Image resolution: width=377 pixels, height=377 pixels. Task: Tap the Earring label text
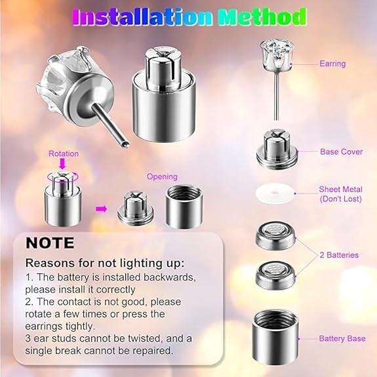[332, 64]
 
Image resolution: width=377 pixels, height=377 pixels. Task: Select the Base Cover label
[341, 151]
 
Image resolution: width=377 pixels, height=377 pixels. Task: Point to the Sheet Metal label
[340, 193]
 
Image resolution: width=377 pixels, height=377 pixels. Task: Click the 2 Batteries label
[339, 254]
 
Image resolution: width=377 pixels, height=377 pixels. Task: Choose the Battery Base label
[342, 338]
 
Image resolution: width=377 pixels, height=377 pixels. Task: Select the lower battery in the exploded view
[276, 273]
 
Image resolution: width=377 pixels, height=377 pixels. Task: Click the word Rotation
[64, 153]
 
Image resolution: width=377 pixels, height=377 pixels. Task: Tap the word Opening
[161, 177]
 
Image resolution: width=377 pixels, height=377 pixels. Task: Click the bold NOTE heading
[50, 243]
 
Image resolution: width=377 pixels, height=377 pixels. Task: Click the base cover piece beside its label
[276, 149]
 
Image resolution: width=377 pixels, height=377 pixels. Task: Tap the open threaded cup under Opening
[184, 207]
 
